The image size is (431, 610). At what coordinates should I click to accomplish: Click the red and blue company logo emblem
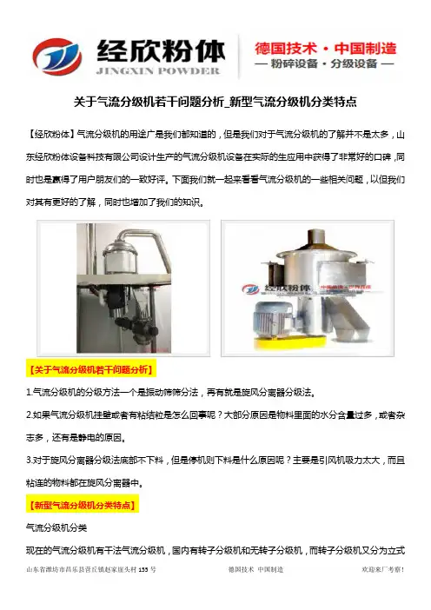(x=56, y=56)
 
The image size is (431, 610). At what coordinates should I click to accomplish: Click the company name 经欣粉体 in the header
(x=161, y=51)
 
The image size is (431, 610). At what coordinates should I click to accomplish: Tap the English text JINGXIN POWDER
(x=158, y=70)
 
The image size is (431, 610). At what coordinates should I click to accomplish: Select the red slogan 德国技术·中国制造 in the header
(x=326, y=49)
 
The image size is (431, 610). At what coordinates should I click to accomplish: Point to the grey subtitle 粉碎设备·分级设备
(x=324, y=63)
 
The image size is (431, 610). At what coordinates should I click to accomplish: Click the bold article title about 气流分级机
(x=215, y=102)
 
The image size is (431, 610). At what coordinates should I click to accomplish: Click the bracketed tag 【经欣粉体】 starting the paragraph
(x=50, y=135)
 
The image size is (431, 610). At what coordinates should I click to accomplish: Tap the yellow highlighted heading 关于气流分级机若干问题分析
(x=91, y=369)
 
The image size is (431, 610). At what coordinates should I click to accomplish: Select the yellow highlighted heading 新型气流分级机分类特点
(x=83, y=505)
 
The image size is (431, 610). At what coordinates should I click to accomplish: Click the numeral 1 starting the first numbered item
(x=29, y=392)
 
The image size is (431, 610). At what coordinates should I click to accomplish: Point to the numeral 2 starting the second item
(x=30, y=414)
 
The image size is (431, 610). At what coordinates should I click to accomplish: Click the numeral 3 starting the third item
(x=30, y=461)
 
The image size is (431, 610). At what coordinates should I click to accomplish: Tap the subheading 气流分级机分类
(x=56, y=528)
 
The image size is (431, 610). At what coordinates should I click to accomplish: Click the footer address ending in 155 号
(x=91, y=569)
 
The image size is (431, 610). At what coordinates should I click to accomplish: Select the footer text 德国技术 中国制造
(x=255, y=569)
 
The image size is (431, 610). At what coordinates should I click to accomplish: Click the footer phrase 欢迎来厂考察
(x=382, y=569)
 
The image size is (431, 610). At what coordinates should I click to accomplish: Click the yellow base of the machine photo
(x=290, y=342)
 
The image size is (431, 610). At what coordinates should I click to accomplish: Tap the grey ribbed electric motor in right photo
(x=271, y=318)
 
